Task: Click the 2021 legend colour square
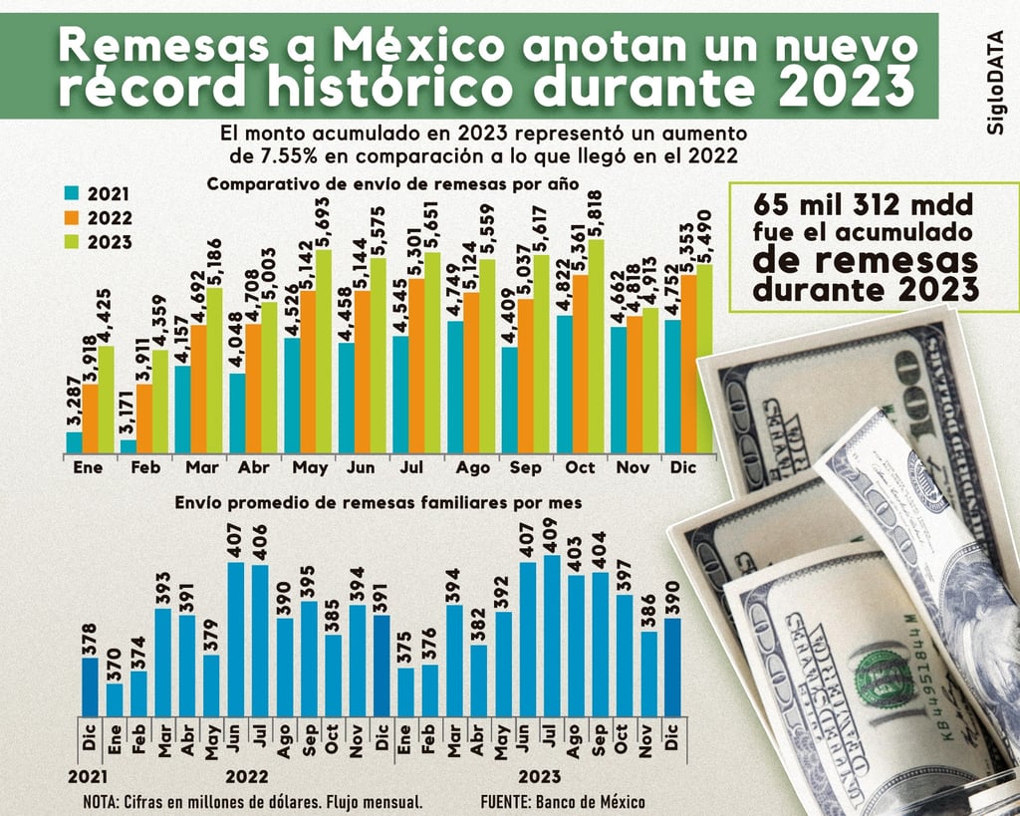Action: pyautogui.click(x=72, y=193)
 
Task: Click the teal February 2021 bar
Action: pyautogui.click(x=127, y=446)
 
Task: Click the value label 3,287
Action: pyautogui.click(x=74, y=403)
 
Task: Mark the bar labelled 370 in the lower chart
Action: pyautogui.click(x=116, y=697)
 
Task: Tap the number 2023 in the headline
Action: pyautogui.click(x=845, y=88)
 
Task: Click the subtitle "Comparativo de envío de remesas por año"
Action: pyautogui.click(x=392, y=183)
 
